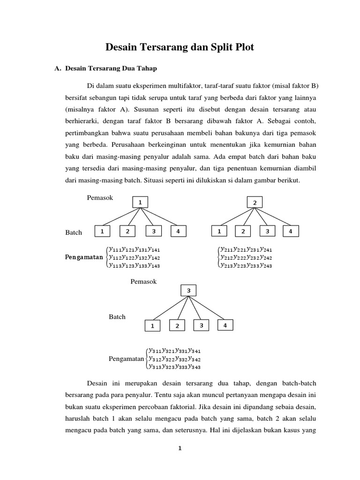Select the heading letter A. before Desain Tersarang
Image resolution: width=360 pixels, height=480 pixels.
click(x=58, y=68)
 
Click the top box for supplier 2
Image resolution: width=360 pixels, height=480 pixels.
click(x=255, y=202)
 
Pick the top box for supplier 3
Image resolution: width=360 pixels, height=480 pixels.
click(x=189, y=291)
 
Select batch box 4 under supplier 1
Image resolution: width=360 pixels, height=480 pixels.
click(x=178, y=232)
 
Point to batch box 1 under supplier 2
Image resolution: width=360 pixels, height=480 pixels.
click(x=218, y=232)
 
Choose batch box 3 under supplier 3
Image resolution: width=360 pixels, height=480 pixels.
click(x=201, y=325)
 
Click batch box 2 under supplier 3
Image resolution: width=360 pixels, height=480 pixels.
click(x=177, y=326)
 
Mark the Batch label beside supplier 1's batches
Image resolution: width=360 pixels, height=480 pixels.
click(x=74, y=232)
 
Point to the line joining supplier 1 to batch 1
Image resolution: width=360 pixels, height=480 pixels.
click(x=120, y=217)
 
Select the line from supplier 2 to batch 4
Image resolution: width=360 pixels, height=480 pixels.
click(x=274, y=217)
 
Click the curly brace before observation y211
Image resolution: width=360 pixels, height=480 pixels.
click(x=219, y=258)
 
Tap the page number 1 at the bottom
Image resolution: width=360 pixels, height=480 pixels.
click(x=180, y=448)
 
